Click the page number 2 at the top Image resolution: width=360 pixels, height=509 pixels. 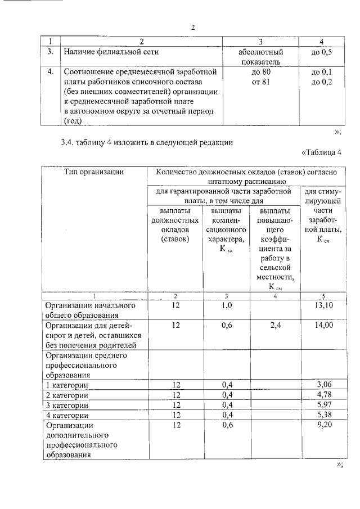pos(192,28)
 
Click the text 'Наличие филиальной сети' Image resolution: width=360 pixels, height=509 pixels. pos(112,52)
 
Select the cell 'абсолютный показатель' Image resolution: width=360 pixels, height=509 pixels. pos(260,56)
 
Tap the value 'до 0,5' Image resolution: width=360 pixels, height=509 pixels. pos(321,52)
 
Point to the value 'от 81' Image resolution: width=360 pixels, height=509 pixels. pos(260,82)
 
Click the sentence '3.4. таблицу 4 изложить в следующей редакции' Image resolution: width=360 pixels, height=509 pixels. pos(147,142)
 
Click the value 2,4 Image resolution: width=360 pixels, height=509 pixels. pos(275,325)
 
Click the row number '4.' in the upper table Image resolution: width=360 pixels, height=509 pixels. pos(51,72)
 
